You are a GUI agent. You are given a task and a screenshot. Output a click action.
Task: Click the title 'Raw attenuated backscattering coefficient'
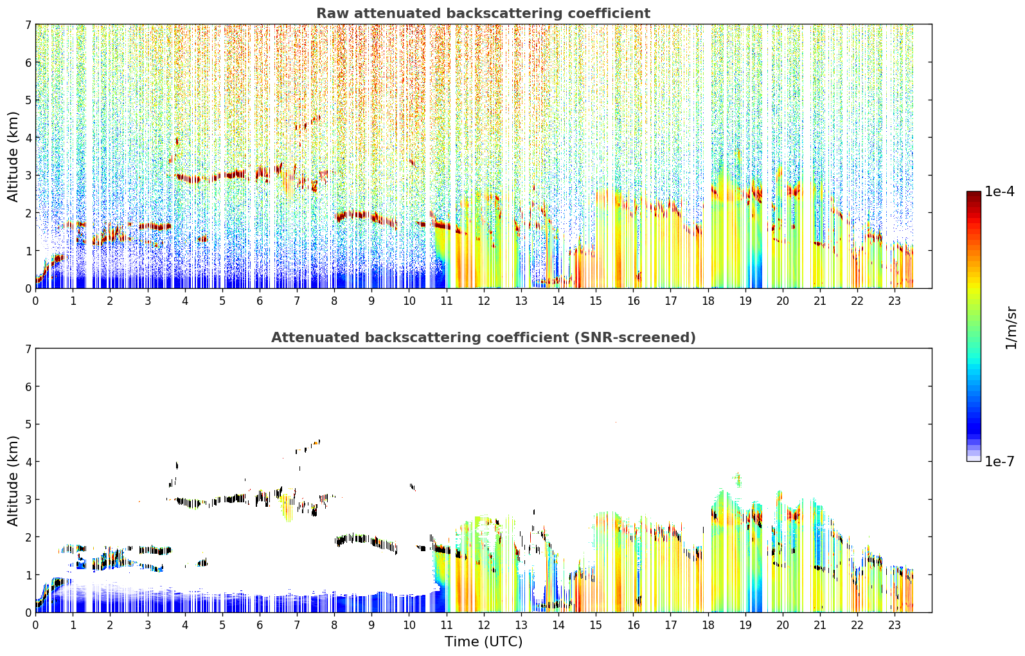point(483,14)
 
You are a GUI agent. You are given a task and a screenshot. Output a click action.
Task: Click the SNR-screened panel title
point(483,338)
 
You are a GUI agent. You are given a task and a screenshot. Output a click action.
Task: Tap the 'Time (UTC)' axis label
point(483,642)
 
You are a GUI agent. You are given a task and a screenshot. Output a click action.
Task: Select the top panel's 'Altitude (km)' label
point(13,156)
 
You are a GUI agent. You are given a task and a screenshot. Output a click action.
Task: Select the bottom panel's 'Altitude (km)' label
point(13,480)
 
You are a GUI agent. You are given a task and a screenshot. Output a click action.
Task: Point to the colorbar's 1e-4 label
point(999,192)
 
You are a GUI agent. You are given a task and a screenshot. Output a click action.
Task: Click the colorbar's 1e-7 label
point(999,462)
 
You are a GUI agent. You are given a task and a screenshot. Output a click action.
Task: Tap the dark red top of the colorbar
point(974,194)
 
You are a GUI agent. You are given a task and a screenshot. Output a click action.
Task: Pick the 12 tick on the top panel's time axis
point(484,301)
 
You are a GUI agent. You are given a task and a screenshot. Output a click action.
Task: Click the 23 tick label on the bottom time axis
point(895,625)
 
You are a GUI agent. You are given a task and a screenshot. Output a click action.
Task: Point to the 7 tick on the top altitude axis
point(28,24)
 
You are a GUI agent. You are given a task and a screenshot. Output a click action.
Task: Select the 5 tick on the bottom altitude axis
point(28,424)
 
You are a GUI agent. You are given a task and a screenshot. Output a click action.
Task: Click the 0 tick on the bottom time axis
point(36,625)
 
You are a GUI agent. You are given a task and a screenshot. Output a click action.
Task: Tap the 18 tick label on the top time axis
point(708,301)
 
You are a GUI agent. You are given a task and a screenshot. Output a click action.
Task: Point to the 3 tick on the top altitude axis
point(28,176)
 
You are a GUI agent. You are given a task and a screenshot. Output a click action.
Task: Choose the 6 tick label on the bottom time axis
point(260,625)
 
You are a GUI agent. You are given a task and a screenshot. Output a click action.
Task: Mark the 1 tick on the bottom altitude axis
point(28,575)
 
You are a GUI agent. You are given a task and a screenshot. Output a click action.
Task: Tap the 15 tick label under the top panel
point(596,301)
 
